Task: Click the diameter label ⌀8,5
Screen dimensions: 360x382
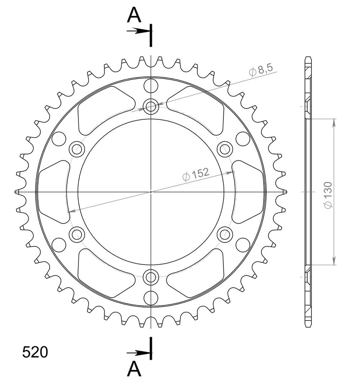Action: coord(261,71)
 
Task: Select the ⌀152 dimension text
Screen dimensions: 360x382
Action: coord(196,175)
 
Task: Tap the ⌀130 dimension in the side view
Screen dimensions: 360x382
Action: coord(328,195)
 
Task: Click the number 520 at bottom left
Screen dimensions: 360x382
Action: coord(35,352)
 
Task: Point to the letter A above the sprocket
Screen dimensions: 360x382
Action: coord(134,15)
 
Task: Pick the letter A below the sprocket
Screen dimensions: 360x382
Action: coord(134,369)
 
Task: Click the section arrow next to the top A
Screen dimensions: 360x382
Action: coord(138,31)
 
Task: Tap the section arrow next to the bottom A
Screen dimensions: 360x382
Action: coord(138,353)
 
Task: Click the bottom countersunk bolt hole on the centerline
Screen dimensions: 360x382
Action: coord(151,277)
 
